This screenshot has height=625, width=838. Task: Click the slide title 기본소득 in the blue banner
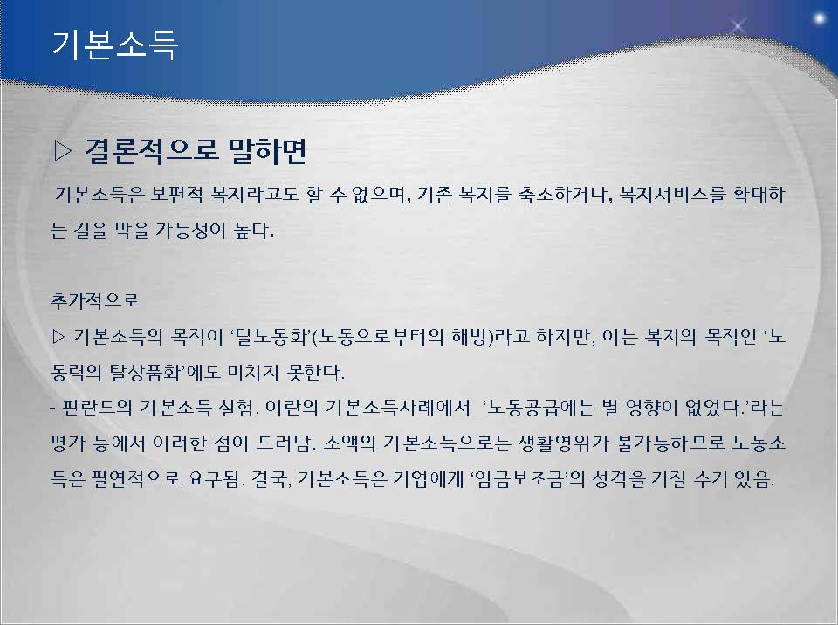[114, 44]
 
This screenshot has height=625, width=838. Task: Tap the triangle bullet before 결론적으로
[63, 151]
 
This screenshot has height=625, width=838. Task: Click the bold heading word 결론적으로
[151, 151]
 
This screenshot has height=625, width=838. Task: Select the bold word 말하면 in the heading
[267, 151]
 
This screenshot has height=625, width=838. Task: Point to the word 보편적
[176, 195]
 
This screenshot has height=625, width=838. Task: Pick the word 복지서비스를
[671, 195]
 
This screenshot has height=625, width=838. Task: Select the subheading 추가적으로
[95, 301]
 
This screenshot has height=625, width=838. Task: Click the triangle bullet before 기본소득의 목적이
[58, 337]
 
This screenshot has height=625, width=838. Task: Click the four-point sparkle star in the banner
[738, 25]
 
